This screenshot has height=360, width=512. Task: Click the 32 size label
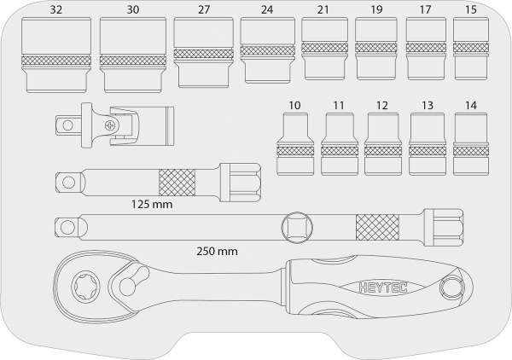tap(55, 9)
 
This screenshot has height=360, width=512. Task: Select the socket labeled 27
tap(203, 53)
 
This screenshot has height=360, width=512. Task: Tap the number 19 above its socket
tap(376, 9)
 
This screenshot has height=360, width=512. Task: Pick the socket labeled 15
tap(471, 49)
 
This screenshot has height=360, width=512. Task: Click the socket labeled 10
tap(295, 144)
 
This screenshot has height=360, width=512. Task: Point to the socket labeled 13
tap(428, 144)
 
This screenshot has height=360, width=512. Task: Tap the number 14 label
tap(471, 106)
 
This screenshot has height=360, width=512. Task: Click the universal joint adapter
tap(114, 125)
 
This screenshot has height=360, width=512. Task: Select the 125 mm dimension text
tap(152, 205)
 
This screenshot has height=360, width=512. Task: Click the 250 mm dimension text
tap(217, 252)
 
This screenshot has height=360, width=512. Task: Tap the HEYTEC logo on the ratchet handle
tap(383, 287)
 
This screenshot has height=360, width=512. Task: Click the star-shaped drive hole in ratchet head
tap(84, 287)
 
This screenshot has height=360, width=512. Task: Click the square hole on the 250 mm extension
tap(297, 228)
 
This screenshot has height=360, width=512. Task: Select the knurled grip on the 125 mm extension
tap(177, 183)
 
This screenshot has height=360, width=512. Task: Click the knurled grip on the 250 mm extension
tap(377, 228)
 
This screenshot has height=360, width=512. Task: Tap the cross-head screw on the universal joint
tap(110, 125)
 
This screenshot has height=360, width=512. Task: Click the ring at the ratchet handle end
tap(452, 287)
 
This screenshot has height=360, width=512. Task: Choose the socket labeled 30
tap(133, 55)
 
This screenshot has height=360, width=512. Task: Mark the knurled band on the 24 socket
tap(267, 50)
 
